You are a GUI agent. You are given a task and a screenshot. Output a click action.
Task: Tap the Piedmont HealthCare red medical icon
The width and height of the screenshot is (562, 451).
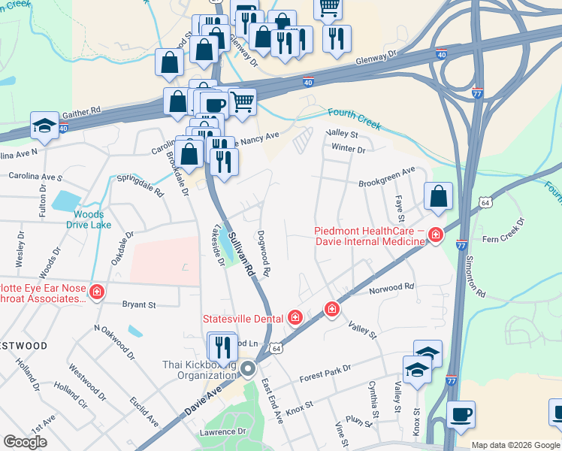pyautogui.click(x=434, y=237)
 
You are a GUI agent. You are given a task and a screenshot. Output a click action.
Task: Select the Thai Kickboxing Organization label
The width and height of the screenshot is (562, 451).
pyautogui.click(x=200, y=370)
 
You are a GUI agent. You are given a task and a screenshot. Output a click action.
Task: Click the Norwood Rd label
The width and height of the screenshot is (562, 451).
pyautogui.click(x=391, y=287)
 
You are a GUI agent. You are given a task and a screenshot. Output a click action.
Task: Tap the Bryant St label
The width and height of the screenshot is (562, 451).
pyautogui.click(x=139, y=305)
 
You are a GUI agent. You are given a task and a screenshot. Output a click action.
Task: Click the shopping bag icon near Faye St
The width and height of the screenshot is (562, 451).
pyautogui.click(x=439, y=197)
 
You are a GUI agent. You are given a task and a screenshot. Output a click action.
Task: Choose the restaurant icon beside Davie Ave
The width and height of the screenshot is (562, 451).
pyautogui.click(x=222, y=347)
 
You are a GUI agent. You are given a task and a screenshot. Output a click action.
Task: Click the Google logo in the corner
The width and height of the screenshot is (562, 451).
pyautogui.click(x=26, y=442)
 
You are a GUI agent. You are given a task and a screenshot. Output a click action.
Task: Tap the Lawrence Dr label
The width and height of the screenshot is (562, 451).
pyautogui.click(x=222, y=432)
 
